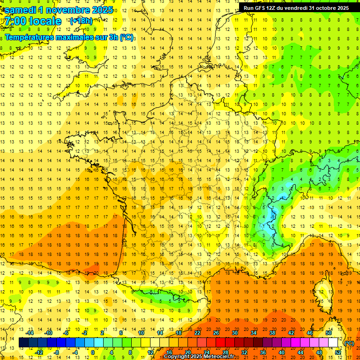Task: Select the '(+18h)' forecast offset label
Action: tap(81, 21)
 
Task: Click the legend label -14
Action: tap(30, 333)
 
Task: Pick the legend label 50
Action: tap(329, 333)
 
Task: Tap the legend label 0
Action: tap(92, 352)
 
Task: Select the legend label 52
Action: tap(338, 352)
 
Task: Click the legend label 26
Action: tap(216, 333)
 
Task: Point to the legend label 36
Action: tap(263, 352)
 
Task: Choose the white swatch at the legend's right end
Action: tap(333, 343)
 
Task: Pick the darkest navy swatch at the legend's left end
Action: tap(23, 343)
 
